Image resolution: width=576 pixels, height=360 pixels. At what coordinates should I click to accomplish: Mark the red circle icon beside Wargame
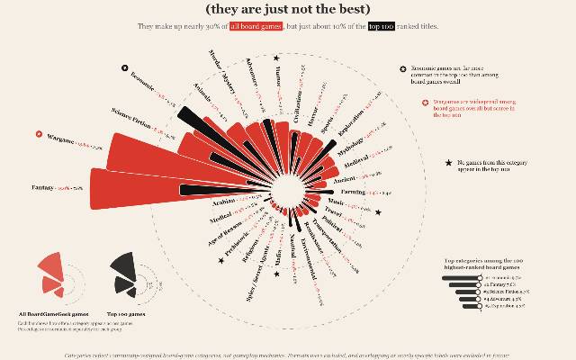tap(39, 135)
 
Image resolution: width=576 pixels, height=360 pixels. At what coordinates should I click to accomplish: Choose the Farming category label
tap(354, 193)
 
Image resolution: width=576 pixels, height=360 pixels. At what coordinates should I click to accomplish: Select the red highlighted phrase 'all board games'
tap(256, 28)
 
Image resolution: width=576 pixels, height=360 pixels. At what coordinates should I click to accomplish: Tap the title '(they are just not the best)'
tap(287, 10)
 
